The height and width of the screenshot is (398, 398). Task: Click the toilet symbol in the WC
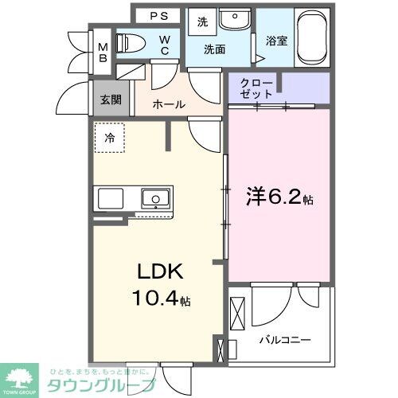click(x=130, y=43)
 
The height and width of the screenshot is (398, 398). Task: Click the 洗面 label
click(x=214, y=49)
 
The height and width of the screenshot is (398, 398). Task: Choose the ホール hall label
click(x=170, y=104)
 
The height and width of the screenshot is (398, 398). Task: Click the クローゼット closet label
click(x=256, y=88)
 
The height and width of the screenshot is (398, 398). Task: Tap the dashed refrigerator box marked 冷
click(x=108, y=136)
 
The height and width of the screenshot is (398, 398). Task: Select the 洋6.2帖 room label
click(x=275, y=196)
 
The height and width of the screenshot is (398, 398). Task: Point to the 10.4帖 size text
click(x=161, y=300)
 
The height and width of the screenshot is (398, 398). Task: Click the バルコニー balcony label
click(x=284, y=340)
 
